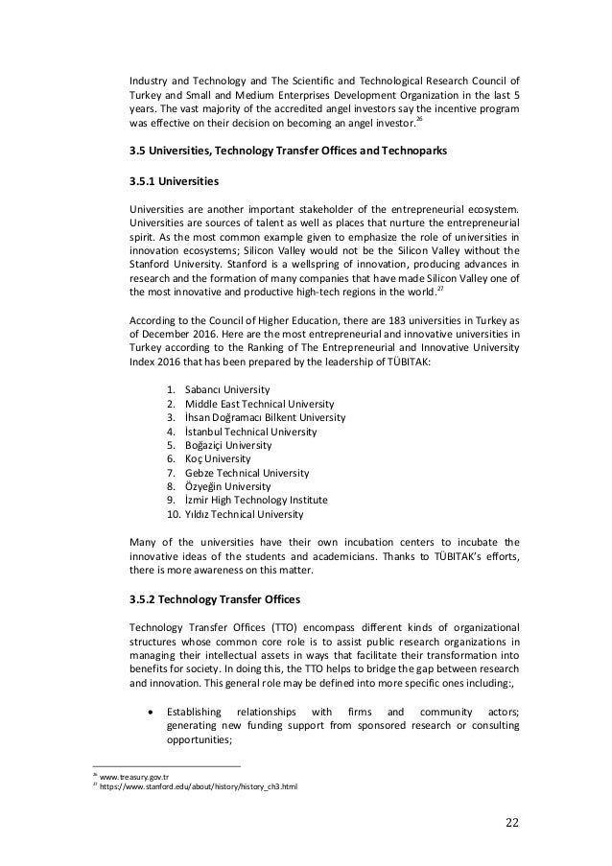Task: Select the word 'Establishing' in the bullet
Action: pos(197,712)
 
